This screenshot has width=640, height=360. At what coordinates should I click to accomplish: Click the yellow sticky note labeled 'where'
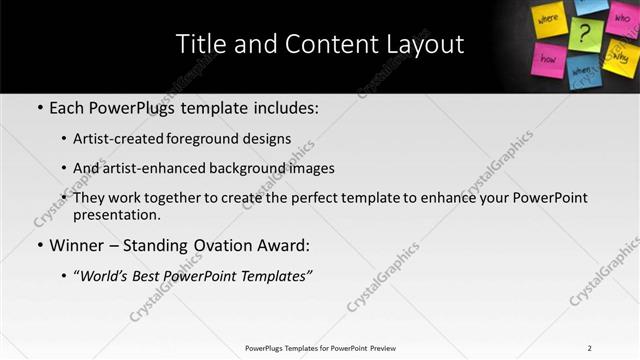(549, 20)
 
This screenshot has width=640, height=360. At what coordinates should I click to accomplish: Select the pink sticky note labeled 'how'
(549, 59)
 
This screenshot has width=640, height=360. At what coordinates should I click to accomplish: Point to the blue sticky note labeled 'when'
(584, 72)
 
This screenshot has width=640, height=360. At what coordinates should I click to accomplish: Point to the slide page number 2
(590, 348)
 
